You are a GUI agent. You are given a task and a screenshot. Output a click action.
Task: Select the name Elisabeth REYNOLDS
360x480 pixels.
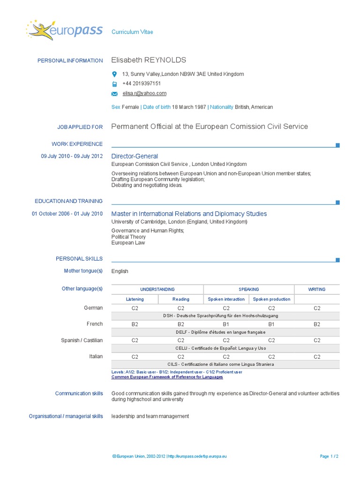(149, 60)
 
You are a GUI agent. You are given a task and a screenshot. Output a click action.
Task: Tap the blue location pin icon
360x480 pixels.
(114, 74)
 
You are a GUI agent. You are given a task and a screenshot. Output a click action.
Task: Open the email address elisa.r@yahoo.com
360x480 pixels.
(144, 93)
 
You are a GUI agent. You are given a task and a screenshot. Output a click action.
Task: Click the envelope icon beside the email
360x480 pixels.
(114, 94)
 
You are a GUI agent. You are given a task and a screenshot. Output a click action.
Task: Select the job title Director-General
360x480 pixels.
(135, 156)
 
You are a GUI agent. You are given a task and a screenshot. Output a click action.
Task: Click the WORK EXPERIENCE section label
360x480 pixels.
(77, 144)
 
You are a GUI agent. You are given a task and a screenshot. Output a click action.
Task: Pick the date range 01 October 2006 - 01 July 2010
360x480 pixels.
(67, 214)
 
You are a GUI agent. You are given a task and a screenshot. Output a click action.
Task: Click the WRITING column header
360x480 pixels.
(316, 289)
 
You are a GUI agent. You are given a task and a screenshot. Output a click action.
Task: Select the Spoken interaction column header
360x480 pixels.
(226, 299)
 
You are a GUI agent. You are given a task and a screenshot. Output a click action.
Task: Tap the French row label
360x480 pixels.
(95, 324)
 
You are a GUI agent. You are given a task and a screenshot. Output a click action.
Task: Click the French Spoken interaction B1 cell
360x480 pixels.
(226, 324)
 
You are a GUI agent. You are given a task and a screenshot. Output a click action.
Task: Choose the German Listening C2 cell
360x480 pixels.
(135, 308)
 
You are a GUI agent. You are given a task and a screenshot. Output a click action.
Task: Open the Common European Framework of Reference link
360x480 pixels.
(167, 377)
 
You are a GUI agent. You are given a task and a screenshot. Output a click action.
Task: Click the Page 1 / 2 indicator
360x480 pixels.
(329, 456)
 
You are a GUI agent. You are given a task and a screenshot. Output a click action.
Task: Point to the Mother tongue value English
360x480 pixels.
(120, 271)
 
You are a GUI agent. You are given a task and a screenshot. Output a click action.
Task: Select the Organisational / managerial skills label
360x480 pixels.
(66, 416)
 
